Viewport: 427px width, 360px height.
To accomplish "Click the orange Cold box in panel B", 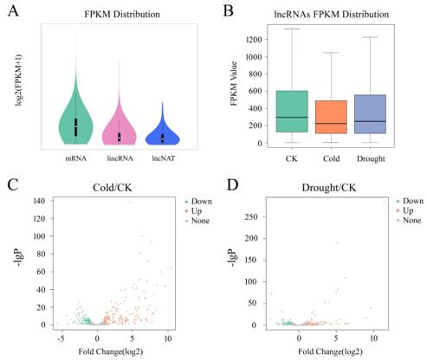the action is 331,117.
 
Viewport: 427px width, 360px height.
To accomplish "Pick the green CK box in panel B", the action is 292,112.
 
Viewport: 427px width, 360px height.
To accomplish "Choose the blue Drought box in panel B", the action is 370,114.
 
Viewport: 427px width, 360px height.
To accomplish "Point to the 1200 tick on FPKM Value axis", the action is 254,39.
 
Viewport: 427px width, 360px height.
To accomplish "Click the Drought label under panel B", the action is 371,158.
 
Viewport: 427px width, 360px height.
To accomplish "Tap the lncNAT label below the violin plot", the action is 164,158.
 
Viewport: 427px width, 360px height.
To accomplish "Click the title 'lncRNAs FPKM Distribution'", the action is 331,14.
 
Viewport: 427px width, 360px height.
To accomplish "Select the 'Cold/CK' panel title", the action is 113,188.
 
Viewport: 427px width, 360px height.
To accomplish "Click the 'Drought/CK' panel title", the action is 329,188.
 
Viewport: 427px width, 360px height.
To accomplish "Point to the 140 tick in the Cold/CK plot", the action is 40,201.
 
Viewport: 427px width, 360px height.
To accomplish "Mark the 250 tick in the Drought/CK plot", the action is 251,217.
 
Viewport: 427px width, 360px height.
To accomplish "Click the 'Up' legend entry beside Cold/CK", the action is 197,211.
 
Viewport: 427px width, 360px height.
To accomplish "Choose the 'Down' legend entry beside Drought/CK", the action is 411,201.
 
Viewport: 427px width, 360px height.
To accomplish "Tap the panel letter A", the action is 13,11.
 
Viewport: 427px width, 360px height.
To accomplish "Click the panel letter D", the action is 232,185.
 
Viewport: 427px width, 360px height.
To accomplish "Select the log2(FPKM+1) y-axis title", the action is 19,80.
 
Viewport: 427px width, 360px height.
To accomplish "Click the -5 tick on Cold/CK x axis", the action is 61,338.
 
